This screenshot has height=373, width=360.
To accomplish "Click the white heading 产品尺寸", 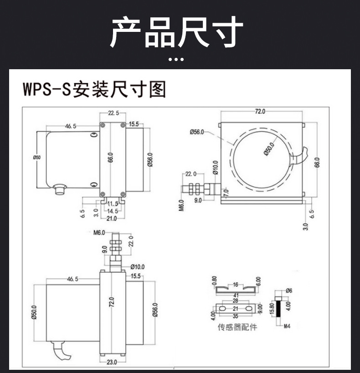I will tap(176, 32).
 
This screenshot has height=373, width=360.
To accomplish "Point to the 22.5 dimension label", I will tap(113, 113).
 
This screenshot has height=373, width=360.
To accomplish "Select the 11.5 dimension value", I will tap(113, 204).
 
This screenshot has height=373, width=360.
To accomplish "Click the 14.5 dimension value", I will tap(112, 211).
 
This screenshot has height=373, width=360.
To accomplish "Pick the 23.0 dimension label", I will tap(112, 362).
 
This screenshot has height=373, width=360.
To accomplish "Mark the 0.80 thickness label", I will tap(214, 282).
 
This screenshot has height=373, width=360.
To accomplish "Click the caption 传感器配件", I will tap(237, 327).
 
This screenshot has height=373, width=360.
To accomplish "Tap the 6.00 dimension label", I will tap(258, 282).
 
